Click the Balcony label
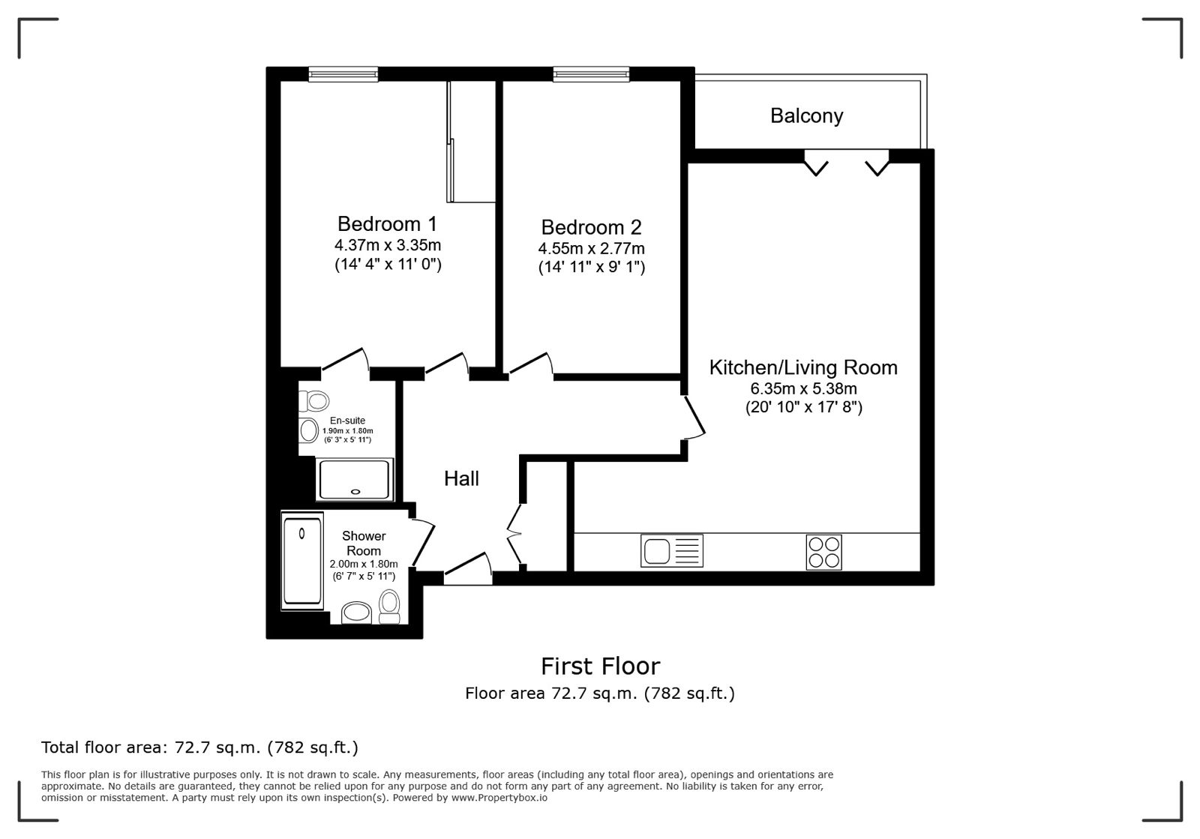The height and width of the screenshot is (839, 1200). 807,115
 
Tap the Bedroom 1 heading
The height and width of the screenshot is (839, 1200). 387,223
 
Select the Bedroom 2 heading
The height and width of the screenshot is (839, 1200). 591,227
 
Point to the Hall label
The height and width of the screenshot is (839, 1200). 461,478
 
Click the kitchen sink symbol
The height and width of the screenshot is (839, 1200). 672,551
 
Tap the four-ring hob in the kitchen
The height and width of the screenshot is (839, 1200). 824,552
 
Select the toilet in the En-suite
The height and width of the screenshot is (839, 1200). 314,401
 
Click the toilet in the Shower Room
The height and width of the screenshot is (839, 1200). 389,607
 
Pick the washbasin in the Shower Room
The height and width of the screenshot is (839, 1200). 356,613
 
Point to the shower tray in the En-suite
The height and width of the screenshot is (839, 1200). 355,479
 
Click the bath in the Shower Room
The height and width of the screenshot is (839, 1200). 302,561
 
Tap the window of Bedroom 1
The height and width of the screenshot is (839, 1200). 343,74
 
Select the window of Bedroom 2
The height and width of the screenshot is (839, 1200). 591,74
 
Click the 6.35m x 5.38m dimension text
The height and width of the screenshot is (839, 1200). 803,388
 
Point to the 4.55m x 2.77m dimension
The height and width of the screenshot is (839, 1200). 592,248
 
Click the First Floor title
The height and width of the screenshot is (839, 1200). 600,667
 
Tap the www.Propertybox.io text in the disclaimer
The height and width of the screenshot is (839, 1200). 499,798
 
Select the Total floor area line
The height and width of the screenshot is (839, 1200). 199,748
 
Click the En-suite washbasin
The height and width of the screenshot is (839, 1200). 308,430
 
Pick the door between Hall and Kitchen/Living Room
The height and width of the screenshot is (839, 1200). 694,418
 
